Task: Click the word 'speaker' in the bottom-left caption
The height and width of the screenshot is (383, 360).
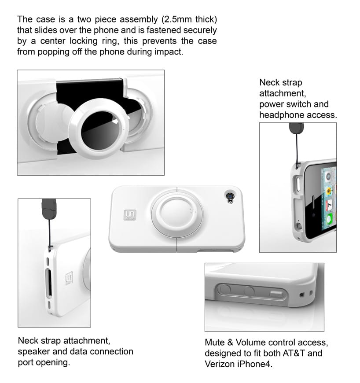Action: tap(33, 351)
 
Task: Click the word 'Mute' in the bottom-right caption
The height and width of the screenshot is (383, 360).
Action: tap(214, 342)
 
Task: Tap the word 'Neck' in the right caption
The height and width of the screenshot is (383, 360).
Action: tap(268, 82)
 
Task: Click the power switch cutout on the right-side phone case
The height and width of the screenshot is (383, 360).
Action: tap(298, 184)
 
